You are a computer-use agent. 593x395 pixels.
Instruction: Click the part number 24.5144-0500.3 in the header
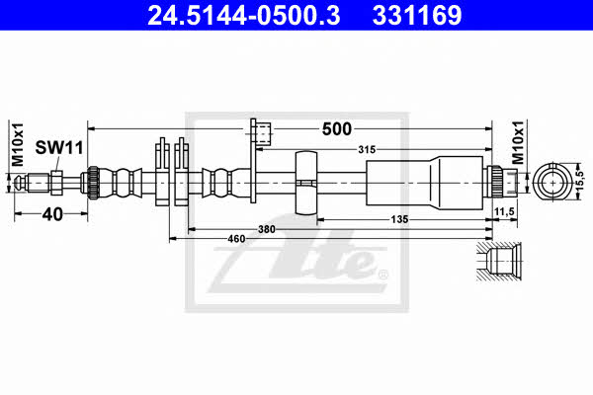click(244, 16)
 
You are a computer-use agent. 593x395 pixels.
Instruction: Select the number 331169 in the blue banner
click(417, 16)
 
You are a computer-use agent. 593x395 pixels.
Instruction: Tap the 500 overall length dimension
click(337, 129)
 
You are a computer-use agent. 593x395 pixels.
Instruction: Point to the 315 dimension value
click(367, 150)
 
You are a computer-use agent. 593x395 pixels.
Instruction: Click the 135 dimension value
click(399, 219)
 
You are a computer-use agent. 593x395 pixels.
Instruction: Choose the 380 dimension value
click(267, 229)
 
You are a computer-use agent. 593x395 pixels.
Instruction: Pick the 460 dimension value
click(236, 239)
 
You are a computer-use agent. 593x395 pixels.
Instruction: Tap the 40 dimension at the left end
click(52, 214)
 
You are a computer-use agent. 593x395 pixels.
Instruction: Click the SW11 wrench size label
click(59, 147)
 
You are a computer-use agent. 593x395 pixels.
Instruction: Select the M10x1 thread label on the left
click(18, 144)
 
